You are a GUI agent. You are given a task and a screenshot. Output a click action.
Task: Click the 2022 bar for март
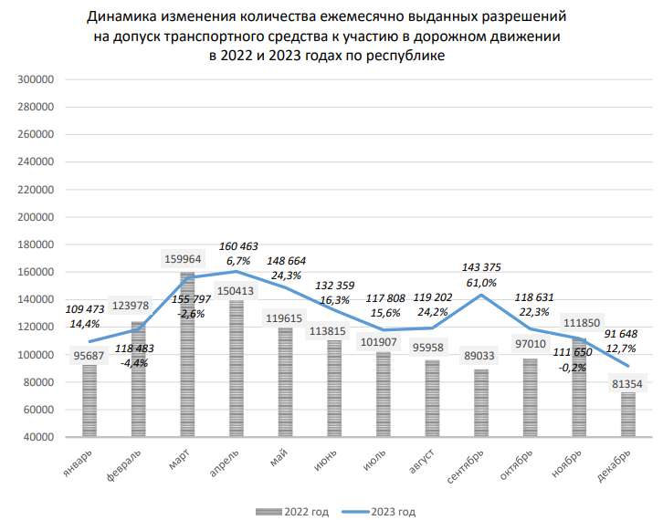(x=187, y=356)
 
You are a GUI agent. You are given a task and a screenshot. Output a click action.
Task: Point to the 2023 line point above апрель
(x=237, y=271)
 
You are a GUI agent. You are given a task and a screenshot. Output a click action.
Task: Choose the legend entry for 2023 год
(x=383, y=510)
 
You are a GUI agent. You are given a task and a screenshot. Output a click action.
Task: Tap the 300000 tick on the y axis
(x=37, y=79)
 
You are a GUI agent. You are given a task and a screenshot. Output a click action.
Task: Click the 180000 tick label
(x=37, y=244)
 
